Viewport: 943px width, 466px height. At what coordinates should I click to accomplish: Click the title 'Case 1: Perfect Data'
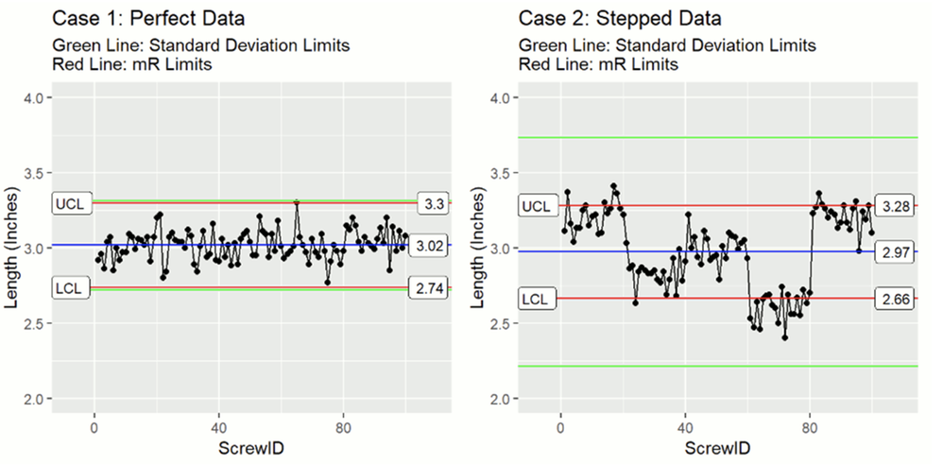(148, 19)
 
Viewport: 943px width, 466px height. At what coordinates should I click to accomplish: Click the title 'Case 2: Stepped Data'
(620, 19)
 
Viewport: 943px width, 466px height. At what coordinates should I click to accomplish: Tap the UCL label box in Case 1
(72, 204)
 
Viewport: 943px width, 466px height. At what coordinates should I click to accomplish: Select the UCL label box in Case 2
(539, 206)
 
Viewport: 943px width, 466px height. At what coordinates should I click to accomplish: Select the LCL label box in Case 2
(539, 299)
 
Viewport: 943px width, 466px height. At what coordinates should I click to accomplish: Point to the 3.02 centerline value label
(427, 246)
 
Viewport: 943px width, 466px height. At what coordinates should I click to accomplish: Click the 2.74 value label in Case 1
(427, 288)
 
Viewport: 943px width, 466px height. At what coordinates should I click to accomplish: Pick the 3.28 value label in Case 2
(894, 206)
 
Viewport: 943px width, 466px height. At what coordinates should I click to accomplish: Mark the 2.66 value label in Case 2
(894, 299)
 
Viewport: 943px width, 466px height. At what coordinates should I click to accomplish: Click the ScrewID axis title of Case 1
(251, 448)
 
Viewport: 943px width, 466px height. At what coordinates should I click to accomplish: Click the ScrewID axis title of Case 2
(717, 448)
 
